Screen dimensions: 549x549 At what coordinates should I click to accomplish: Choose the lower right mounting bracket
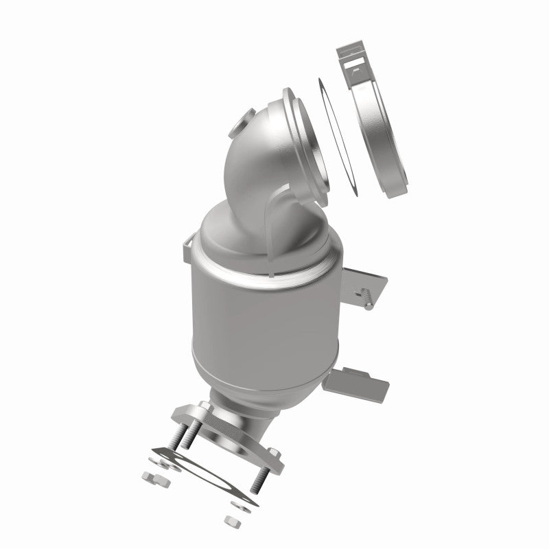click(360, 381)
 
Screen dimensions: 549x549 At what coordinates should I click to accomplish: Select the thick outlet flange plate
click(220, 429)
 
